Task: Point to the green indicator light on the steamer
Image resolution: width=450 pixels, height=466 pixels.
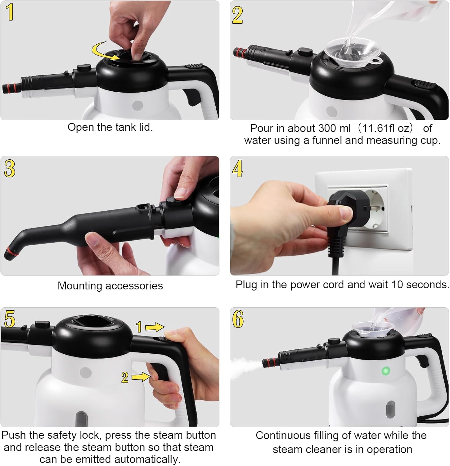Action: [x=386, y=371]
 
